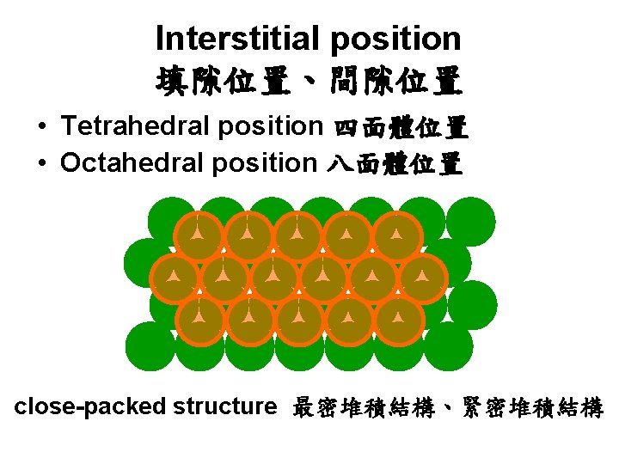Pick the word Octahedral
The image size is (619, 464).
pyautogui.click(x=133, y=162)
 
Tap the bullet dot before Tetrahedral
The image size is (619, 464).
pyautogui.click(x=42, y=128)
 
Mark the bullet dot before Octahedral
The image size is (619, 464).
pyautogui.click(x=42, y=163)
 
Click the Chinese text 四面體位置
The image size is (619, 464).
pyautogui.click(x=399, y=129)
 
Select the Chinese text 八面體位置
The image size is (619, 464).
pyautogui.click(x=394, y=163)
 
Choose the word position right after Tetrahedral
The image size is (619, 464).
pyautogui.click(x=269, y=127)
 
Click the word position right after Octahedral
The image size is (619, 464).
pyautogui.click(x=265, y=163)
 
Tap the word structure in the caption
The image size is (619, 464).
pyautogui.click(x=224, y=406)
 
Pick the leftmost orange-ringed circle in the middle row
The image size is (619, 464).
pyautogui.click(x=174, y=277)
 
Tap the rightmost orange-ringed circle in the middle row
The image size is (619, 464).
pyautogui.click(x=422, y=277)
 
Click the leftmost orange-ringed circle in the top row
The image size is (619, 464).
pyautogui.click(x=198, y=235)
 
